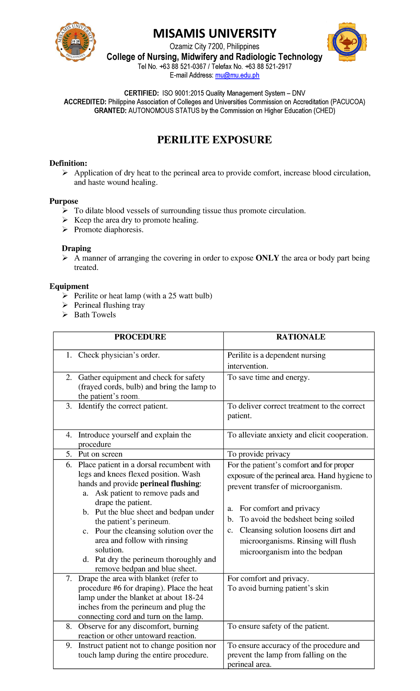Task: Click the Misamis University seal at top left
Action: coord(75,42)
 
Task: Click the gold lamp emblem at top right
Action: coord(346,42)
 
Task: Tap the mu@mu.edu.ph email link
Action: coord(237,75)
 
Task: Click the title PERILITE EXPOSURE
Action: coord(214,140)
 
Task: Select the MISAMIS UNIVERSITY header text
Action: coord(215,34)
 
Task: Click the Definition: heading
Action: coord(68,163)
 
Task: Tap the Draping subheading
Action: coord(76,248)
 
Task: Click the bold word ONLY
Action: coord(267,258)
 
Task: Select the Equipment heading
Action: coord(69,286)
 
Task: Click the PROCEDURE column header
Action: coord(140,337)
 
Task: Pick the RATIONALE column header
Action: coord(301,337)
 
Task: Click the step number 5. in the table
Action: coord(69,454)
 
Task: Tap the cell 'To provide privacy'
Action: coord(259,454)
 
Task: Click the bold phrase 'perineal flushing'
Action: coord(170,484)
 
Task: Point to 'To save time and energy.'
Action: coord(268,377)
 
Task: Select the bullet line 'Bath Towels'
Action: coord(95,315)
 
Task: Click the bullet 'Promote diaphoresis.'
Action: coord(108,230)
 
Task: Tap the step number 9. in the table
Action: coord(69,646)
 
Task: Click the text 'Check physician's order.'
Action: coord(119,355)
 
